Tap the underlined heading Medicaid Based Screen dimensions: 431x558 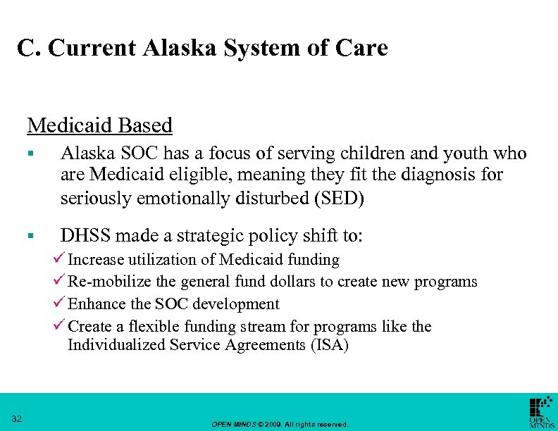click(99, 125)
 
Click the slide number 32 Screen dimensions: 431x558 click(17, 420)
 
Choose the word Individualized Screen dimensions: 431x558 click(116, 345)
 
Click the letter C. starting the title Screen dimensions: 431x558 click(26, 48)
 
